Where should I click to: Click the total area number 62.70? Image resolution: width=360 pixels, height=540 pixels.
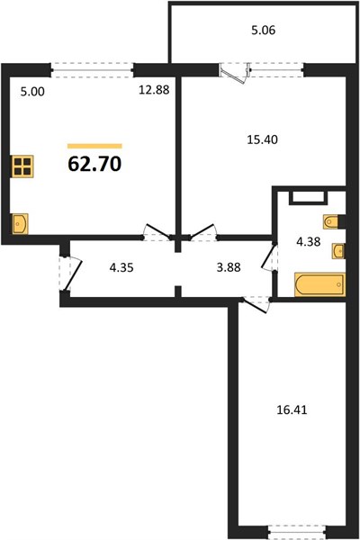point(94,164)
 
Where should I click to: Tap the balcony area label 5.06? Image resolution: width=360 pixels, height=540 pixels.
point(264,31)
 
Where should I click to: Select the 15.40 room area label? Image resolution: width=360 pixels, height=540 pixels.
point(263,139)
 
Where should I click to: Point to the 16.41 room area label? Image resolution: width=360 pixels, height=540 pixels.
point(292,409)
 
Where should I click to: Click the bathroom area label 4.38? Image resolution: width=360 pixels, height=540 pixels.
point(309,242)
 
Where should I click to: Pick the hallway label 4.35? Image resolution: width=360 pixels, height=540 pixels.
point(121,267)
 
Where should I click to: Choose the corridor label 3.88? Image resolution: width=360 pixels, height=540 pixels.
point(229,267)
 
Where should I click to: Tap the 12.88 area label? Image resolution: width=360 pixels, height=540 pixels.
point(154,90)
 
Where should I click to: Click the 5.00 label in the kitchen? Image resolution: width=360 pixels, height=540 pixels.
point(32,92)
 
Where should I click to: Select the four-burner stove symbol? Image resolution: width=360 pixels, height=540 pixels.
point(23,166)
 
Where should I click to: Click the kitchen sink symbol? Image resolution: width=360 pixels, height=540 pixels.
point(21,224)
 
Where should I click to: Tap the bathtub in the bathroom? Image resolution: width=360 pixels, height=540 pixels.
point(319,284)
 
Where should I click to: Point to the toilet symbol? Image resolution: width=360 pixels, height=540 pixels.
point(332,221)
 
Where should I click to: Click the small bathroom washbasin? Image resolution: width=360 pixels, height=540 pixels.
point(338,251)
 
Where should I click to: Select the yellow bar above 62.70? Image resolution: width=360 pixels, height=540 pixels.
point(94,146)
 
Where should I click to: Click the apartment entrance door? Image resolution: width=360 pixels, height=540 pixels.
point(70,274)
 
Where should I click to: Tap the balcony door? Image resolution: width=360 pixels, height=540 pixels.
point(234,72)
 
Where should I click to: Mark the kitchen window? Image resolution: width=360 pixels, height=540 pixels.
point(93,70)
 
